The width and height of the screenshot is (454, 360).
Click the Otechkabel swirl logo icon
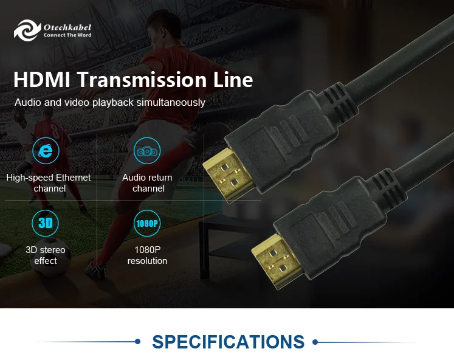27,30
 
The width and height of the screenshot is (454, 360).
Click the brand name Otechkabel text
67,27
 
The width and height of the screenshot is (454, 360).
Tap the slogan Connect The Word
67,35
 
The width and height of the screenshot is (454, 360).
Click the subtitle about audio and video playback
109,102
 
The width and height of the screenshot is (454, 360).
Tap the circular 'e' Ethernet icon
46,151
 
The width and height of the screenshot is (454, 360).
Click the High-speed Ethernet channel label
49,183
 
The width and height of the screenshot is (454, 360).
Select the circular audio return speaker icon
147,151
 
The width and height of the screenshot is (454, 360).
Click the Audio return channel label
147,183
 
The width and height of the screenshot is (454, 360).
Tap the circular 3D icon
46,223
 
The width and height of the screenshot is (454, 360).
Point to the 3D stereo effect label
46,255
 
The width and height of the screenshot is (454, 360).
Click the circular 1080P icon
147,223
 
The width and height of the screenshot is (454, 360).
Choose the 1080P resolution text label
147,255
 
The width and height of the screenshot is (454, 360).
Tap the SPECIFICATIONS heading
228,342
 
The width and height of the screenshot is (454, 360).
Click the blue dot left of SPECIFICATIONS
137,342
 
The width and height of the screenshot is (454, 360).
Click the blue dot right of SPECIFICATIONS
315,342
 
